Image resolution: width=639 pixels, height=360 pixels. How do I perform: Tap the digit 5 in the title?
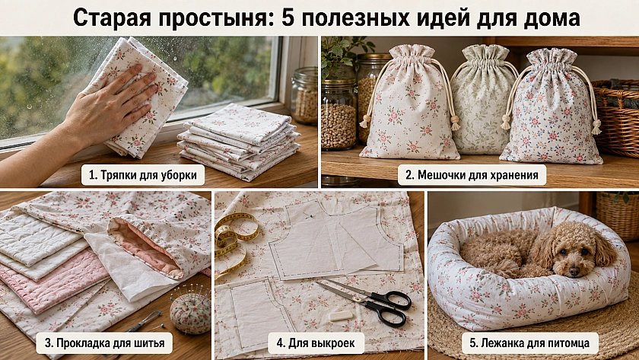tap(288, 18)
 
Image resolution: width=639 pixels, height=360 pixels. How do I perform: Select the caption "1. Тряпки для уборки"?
tap(143, 175)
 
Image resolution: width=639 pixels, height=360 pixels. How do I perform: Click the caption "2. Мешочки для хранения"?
tap(472, 175)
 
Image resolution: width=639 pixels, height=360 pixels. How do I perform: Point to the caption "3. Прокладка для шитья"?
tap(104, 343)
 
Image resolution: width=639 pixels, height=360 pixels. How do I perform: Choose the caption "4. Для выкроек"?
tap(316, 343)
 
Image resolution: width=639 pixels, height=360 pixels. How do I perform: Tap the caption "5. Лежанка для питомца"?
tap(529, 343)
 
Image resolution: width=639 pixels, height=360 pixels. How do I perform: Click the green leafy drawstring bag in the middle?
tap(481, 100)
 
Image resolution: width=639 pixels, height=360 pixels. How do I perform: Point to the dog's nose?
tap(574, 270)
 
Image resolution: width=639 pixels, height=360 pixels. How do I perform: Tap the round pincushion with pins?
tap(190, 310)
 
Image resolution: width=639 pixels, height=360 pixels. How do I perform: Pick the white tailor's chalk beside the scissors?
tap(341, 316)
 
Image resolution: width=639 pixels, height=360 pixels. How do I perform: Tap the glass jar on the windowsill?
tap(305, 96)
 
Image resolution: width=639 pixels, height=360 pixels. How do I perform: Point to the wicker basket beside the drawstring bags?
tap(615, 118)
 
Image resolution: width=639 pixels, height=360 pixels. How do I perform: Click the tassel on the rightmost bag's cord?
tap(596, 127)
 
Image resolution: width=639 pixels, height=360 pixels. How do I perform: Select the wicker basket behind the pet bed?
tap(618, 216)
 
